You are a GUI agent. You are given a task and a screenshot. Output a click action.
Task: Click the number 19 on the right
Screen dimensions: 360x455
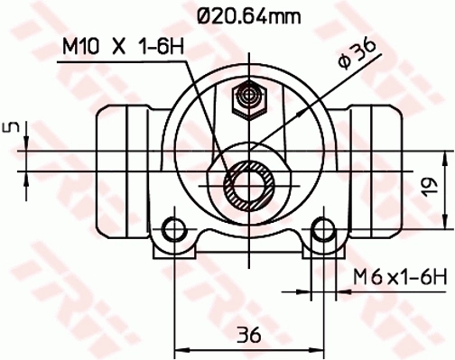tap(433, 186)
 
